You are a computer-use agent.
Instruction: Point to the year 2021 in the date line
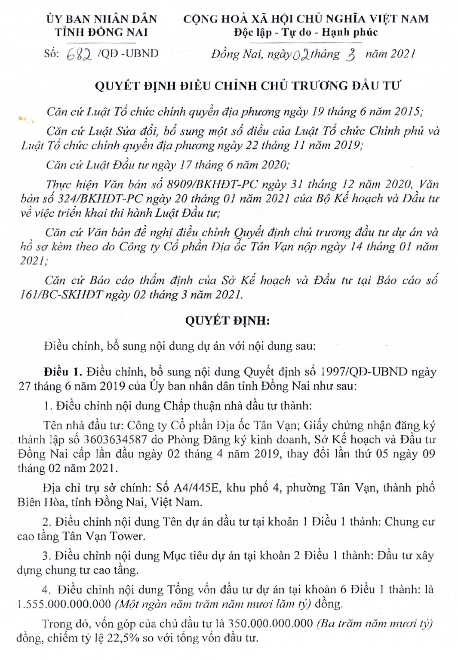tap(401, 54)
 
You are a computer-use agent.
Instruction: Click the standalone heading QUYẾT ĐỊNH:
tap(227, 320)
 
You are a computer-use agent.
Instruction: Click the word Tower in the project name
tap(125, 536)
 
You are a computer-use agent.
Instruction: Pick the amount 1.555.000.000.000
tap(64, 604)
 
